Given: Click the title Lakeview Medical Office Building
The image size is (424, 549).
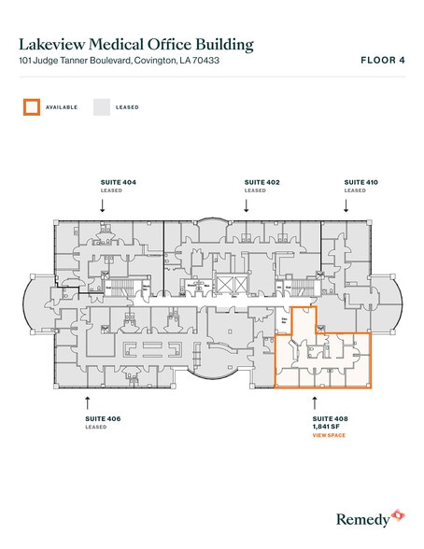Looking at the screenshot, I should pyautogui.click(x=136, y=44).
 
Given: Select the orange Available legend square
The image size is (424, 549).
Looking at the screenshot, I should pyautogui.click(x=31, y=107).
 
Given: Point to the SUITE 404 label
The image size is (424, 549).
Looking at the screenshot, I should pyautogui.click(x=118, y=181).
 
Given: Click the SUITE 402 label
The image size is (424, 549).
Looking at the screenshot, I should pyautogui.click(x=262, y=181).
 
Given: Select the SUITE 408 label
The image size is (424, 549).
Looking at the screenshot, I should pyautogui.click(x=331, y=419).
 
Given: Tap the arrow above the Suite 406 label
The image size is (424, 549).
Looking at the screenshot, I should pyautogui.click(x=87, y=401).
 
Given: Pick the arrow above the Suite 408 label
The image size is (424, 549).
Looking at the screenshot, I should pyautogui.click(x=315, y=401).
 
